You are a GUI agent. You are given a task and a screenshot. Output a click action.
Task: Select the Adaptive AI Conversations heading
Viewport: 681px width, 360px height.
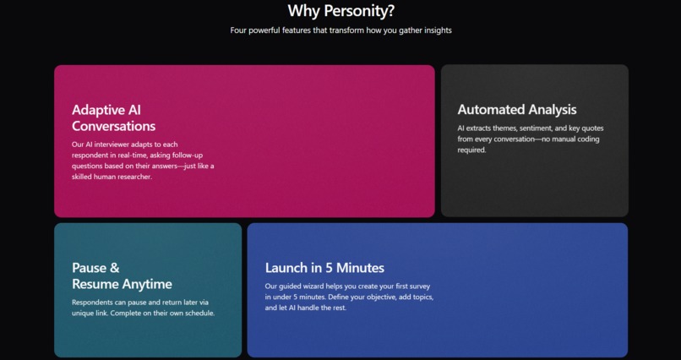point(113,117)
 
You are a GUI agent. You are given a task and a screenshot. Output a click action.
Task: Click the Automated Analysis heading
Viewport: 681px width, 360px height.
point(516,109)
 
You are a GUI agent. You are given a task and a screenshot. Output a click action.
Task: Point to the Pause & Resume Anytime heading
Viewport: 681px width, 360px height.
point(122,276)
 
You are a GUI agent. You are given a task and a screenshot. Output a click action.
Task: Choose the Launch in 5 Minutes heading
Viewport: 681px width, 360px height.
point(324,268)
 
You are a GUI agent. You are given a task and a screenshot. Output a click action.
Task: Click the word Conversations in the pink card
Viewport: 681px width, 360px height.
point(113,126)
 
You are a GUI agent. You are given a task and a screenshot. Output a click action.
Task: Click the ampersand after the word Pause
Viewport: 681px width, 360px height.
point(114,268)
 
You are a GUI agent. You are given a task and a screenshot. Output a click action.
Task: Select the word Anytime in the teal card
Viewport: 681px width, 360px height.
point(144,285)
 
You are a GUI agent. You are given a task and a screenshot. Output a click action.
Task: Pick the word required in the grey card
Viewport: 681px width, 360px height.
point(471,150)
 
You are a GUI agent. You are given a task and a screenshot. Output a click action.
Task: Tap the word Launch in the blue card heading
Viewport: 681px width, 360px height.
point(286,268)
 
